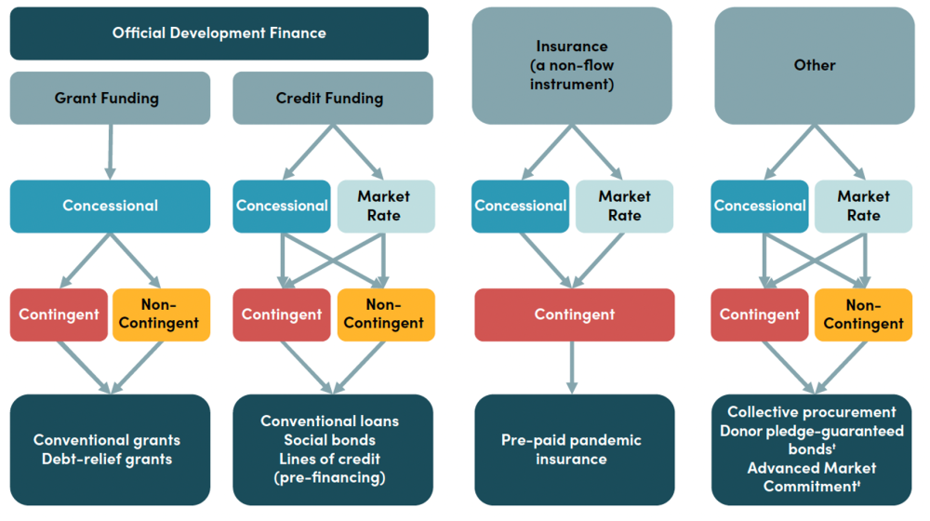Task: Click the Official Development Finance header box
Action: pos(219,33)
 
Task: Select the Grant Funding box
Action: pos(110,98)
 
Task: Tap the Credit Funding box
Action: pos(332,98)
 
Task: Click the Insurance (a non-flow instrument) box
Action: pos(571,65)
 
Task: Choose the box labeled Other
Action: pos(814,65)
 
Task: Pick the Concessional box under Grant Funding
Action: pos(110,206)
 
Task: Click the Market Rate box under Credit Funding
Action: pos(385,206)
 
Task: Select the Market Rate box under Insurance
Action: pos(624,206)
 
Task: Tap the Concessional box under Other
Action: pos(760,206)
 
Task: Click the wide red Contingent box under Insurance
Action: pos(574,314)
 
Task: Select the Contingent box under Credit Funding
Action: pos(281,314)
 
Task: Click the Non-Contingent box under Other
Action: pos(863,314)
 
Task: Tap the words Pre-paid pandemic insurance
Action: pos(571,449)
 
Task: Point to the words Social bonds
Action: pos(329,440)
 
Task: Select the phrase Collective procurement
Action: pos(811,412)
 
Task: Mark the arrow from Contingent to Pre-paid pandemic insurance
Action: pos(571,367)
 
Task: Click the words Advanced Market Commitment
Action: pos(811,476)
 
